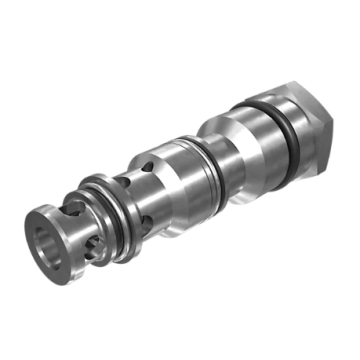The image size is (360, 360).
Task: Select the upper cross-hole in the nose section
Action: [72, 212]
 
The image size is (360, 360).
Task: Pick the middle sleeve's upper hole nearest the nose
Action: [123, 181]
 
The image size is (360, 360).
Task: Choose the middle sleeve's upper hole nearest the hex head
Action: [147, 165]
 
